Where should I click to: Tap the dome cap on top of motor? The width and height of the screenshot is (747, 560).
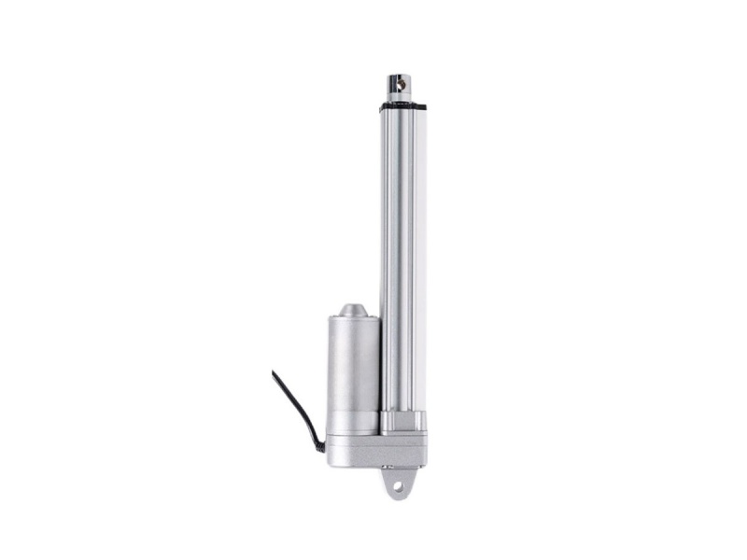[x=352, y=311]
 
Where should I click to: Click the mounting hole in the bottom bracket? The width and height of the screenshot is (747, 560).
[x=401, y=486]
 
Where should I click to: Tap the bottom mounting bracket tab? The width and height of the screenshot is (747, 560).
[x=401, y=481]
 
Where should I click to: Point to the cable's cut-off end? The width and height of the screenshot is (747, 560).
[x=275, y=373]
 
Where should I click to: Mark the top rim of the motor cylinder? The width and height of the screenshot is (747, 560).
[x=352, y=320]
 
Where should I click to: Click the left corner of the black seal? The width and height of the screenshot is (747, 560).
[x=381, y=107]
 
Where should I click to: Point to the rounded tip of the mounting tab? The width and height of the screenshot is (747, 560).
[x=401, y=497]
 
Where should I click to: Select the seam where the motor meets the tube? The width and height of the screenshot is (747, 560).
[x=379, y=373]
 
